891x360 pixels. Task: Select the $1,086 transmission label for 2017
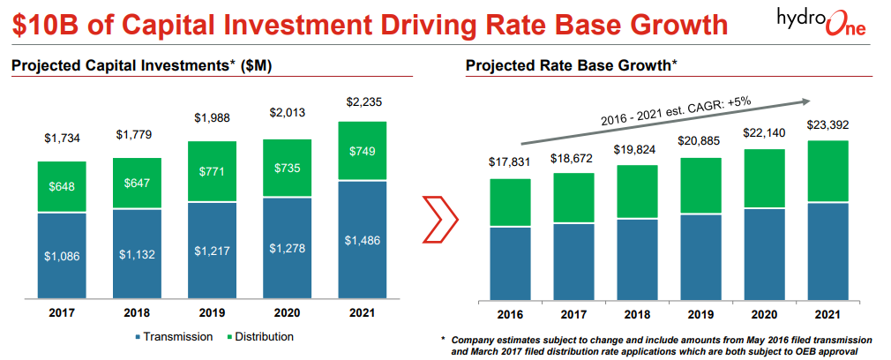(x=62, y=255)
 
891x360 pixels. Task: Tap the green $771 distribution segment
(x=211, y=170)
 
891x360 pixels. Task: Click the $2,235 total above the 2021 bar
(x=361, y=101)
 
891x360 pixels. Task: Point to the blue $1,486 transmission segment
(x=361, y=239)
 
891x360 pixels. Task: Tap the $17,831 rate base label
(x=510, y=162)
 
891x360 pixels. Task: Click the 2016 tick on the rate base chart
(x=510, y=313)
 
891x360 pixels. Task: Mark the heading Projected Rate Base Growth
(x=572, y=65)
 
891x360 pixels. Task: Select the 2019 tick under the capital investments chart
(x=211, y=313)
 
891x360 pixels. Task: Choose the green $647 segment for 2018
(x=137, y=184)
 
